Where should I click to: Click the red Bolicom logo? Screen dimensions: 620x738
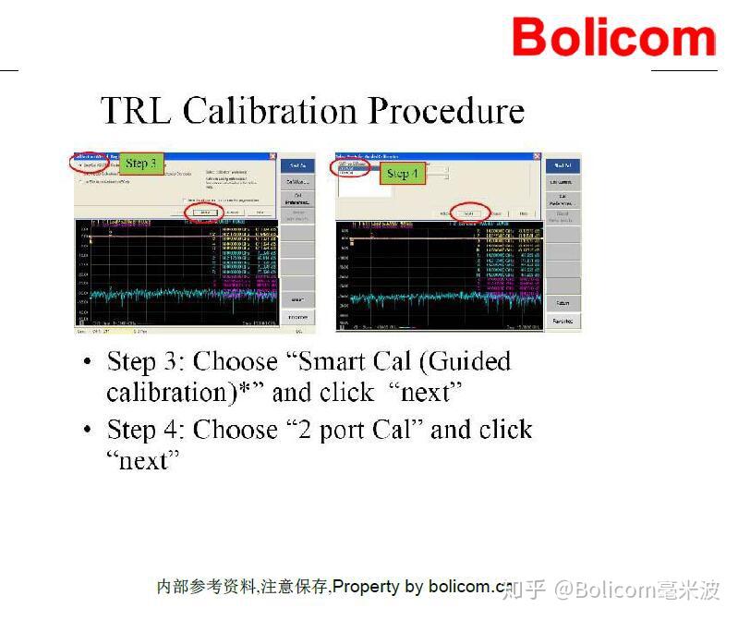(613, 38)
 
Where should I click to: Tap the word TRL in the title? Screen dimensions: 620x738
(138, 111)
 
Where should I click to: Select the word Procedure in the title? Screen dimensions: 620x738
(446, 111)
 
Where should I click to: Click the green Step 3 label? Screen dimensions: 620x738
(142, 164)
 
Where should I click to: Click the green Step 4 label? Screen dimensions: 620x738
(402, 173)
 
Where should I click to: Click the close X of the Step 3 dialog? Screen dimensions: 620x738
(273, 157)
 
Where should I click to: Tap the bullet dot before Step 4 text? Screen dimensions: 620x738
(87, 431)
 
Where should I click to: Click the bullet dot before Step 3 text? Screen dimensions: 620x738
(87, 361)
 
